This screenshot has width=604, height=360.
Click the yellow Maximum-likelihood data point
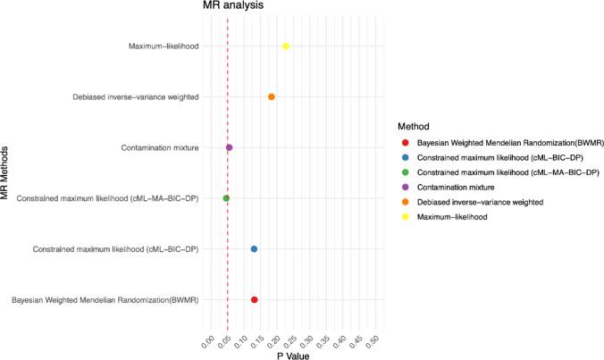(286, 46)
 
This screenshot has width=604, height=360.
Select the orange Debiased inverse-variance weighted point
(271, 96)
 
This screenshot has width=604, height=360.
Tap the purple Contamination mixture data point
(230, 147)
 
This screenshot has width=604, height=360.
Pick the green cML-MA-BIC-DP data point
(226, 198)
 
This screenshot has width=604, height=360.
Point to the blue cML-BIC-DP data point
(254, 249)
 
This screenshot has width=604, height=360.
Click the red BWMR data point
(255, 300)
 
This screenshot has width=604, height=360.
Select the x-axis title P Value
(292, 355)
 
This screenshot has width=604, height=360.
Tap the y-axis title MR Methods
(6, 172)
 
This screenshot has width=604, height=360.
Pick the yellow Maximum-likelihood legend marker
(407, 217)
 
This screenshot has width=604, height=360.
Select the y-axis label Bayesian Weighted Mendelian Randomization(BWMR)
(105, 300)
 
